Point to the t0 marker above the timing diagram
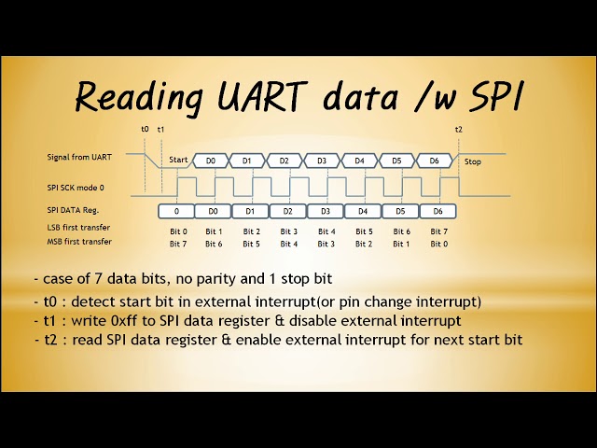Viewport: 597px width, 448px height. coord(145,130)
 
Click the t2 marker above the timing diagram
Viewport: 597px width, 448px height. coord(458,130)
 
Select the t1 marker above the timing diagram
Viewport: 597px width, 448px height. coord(161,130)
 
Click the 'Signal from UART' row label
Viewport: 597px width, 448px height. coord(80,157)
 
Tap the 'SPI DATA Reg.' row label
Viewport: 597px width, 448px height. coord(74,211)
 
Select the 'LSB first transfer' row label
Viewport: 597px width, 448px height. coord(78,228)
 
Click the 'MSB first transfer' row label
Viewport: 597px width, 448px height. coord(78,242)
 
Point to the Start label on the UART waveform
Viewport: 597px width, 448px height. coord(178,161)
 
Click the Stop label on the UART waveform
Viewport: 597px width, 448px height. coord(473,161)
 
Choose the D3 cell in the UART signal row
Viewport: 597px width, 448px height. coord(322,161)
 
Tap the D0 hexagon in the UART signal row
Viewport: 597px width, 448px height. coord(212,161)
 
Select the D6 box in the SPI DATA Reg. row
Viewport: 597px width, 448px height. coord(437,212)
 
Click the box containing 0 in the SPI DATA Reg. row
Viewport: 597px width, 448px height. coord(177,212)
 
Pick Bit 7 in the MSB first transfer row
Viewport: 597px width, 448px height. coord(178,244)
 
